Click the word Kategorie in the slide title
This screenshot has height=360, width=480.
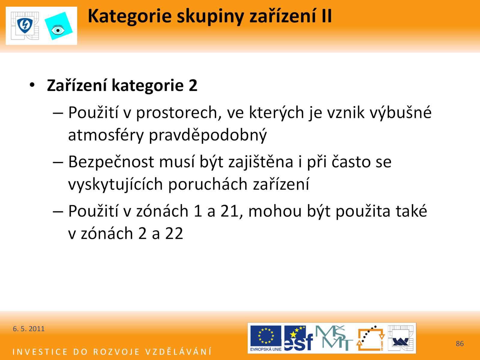coord(130,16)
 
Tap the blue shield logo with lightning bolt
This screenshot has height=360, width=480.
coord(25,25)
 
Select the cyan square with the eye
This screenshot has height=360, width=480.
coord(58,26)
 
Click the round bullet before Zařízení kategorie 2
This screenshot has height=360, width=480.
coord(32,85)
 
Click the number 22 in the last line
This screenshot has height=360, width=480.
coord(174,234)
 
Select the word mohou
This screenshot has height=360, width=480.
coord(275,211)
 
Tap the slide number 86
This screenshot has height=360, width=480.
coord(460,343)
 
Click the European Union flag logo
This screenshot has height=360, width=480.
coord(266,338)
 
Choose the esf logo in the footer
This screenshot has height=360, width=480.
coord(298,338)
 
